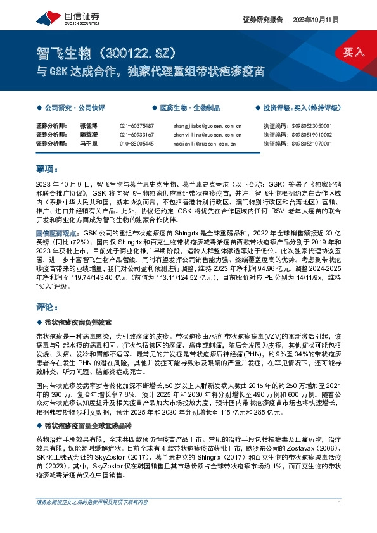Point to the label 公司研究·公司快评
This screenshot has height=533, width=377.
point(74,108)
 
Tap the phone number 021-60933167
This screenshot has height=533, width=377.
point(137,135)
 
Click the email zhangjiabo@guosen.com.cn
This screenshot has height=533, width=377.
point(207,125)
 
